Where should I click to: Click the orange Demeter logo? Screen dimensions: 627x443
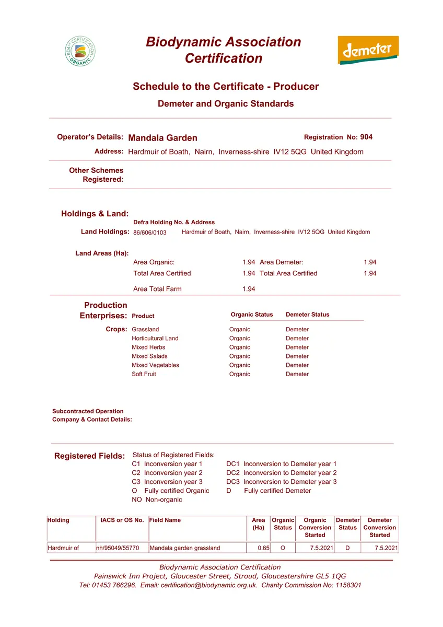368,50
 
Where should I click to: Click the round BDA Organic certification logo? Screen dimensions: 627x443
80,51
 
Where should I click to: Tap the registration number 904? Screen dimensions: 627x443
367,137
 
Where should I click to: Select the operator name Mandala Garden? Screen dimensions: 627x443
162,138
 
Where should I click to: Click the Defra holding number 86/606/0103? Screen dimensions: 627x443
150,233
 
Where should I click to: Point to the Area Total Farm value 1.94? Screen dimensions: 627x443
249,289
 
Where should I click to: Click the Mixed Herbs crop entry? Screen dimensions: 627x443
148,347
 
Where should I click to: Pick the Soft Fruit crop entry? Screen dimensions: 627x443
144,374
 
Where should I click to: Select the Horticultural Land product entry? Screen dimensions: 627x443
155,339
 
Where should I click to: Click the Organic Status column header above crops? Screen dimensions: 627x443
252,315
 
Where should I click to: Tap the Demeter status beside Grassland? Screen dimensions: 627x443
297,330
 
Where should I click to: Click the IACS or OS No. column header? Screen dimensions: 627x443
122,520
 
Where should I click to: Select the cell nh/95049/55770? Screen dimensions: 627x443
118,548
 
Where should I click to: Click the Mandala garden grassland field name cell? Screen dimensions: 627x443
185,548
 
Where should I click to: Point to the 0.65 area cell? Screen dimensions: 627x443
263,548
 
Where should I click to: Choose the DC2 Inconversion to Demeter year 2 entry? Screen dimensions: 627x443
282,473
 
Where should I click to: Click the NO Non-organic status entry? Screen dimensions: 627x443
157,500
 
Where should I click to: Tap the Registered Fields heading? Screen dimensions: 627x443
89,456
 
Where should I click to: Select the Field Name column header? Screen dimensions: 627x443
165,520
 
